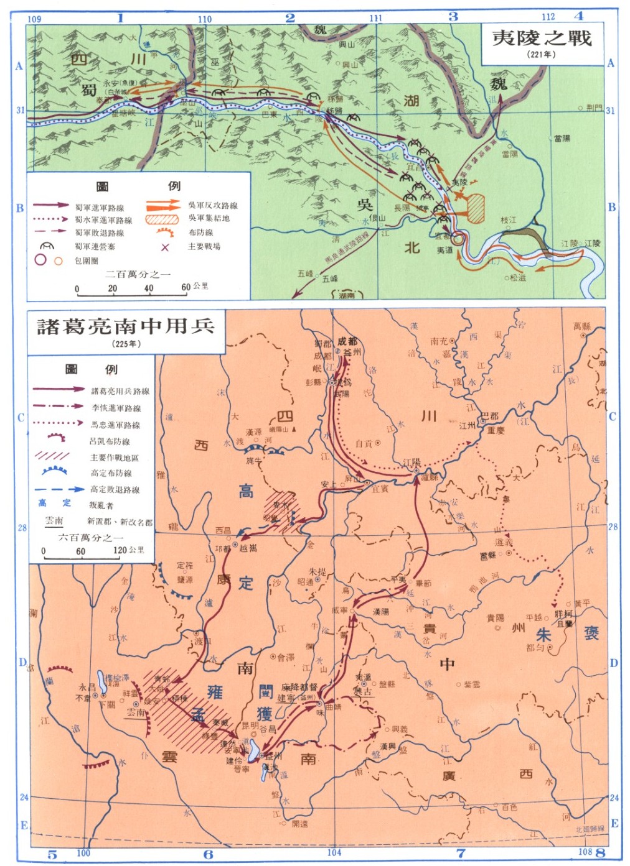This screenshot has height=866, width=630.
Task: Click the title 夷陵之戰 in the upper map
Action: coord(542,38)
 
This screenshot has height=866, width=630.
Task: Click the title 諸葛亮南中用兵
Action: coord(126,326)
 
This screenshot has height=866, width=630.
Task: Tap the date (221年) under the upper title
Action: coord(541,54)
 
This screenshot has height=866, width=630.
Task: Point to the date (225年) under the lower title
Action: coord(126,343)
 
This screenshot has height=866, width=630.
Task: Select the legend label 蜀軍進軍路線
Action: coord(100,208)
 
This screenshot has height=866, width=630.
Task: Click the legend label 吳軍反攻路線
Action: coord(213,205)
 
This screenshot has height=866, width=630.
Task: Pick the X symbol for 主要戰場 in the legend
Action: coord(165,247)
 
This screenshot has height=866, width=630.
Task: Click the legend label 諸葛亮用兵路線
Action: coord(120,391)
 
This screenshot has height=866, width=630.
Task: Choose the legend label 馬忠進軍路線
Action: coord(116,425)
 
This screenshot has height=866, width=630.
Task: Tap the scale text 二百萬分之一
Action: coord(138,274)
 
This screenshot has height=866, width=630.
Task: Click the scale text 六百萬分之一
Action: coord(91,537)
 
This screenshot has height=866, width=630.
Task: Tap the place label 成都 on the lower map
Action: coord(347,341)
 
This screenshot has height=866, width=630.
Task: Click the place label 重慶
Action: coord(496,430)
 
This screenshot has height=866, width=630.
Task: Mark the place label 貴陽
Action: coord(496,618)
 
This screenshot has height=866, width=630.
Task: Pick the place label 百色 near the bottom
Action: coord(509,807)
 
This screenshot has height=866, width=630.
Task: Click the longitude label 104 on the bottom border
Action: coord(334,853)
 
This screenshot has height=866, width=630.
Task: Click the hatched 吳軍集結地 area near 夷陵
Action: coord(476,208)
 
